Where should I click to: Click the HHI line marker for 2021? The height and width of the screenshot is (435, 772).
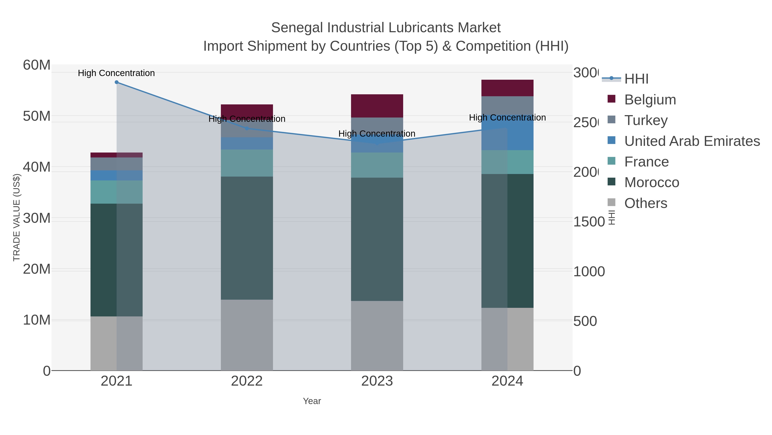(117, 82)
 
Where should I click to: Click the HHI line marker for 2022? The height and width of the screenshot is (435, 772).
(247, 128)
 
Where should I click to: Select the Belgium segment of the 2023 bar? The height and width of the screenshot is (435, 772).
(377, 106)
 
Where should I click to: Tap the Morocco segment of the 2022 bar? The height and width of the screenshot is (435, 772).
(247, 238)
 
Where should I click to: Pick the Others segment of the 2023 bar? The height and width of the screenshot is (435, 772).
(377, 335)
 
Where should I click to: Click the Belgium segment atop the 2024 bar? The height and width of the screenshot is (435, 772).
(507, 88)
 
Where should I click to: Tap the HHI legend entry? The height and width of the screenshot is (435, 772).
(636, 79)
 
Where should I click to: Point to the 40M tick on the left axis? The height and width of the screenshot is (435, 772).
(36, 167)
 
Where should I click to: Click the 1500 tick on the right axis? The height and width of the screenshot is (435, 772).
(589, 222)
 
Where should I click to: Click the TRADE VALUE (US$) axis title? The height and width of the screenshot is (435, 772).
(17, 217)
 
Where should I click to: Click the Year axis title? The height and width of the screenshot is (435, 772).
(312, 401)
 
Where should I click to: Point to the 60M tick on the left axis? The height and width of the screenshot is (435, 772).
(36, 65)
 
